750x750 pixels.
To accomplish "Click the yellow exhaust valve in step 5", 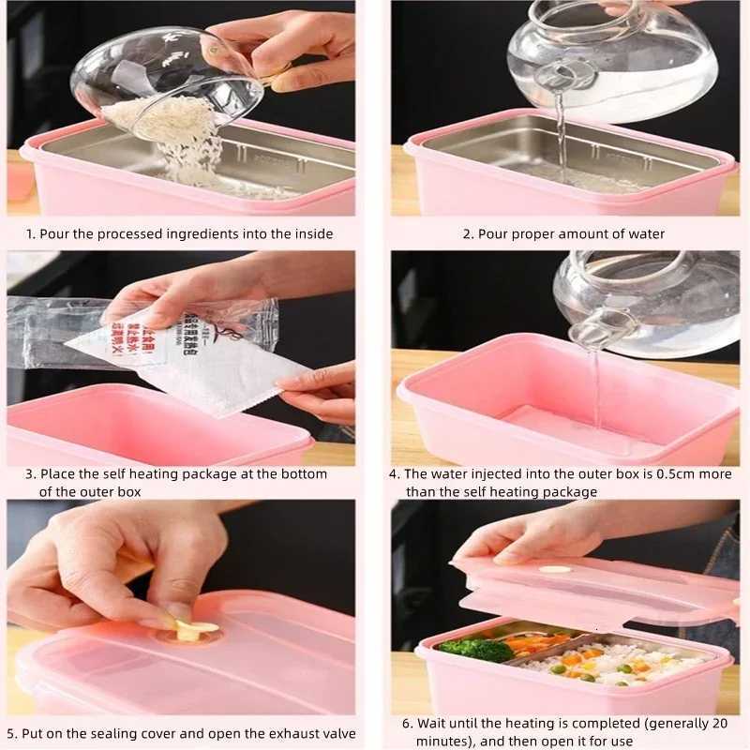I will pos(192,631).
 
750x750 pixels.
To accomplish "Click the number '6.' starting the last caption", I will pos(408,723).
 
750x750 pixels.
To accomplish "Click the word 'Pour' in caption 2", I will pos(491,233).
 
